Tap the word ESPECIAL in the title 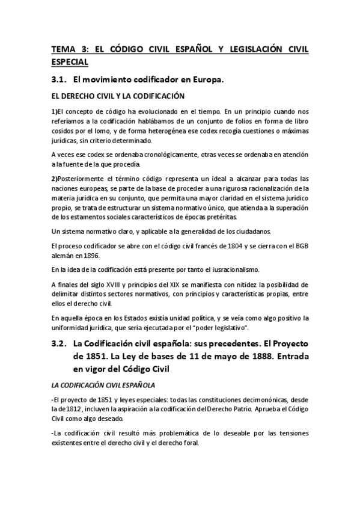(x=70, y=62)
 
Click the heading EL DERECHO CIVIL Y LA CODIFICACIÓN (x=118, y=96)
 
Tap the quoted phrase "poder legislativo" (x=222, y=327)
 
